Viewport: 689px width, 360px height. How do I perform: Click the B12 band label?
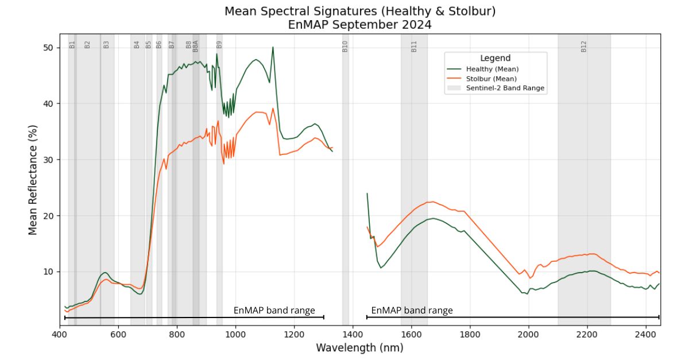[x=584, y=46]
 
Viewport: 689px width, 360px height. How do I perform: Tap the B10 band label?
[x=345, y=46]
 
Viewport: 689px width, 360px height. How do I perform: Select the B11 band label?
[x=414, y=46]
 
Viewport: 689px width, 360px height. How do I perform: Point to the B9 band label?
[x=219, y=44]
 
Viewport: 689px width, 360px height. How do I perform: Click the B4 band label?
[x=137, y=44]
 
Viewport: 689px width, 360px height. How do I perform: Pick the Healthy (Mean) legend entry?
[x=492, y=69]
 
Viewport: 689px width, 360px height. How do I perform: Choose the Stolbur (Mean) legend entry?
[x=491, y=79]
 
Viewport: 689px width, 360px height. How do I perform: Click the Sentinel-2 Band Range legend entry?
[x=505, y=88]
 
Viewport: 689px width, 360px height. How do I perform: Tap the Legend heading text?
[x=495, y=58]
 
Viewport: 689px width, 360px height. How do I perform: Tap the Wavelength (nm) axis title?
[x=359, y=347]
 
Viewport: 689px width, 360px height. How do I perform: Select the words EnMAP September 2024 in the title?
[x=359, y=25]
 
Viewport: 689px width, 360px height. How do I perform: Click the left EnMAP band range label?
[x=274, y=311]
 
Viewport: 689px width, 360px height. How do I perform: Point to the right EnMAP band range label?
[x=412, y=311]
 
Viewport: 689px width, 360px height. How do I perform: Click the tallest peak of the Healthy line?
[x=273, y=47]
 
